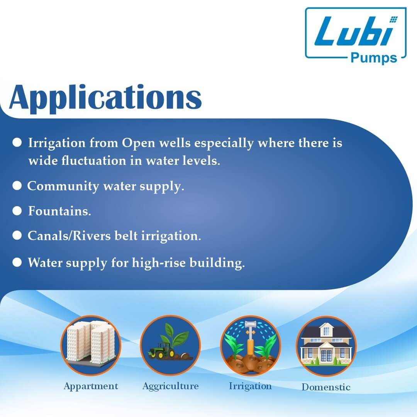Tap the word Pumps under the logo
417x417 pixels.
point(373,58)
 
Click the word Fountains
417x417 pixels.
point(59,212)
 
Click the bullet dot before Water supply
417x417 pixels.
point(17,263)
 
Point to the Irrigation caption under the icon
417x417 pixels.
point(250,386)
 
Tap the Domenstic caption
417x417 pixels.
point(326,387)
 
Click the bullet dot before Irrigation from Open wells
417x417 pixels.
point(17,143)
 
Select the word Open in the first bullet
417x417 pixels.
point(137,143)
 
